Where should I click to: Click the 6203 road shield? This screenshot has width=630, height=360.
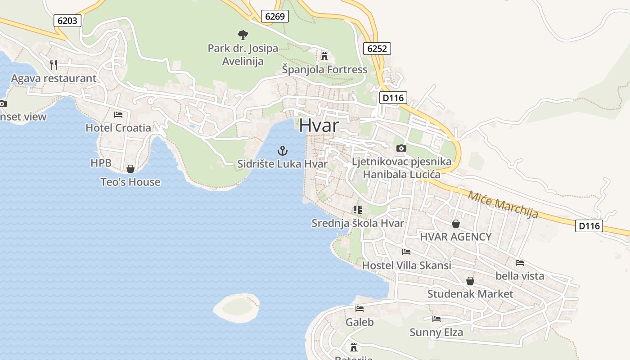coord(67,20)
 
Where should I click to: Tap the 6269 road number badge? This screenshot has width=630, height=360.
coord(275,17)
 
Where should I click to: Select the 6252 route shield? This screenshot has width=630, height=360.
coord(377,49)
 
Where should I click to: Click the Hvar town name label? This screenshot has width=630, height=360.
coord(319,126)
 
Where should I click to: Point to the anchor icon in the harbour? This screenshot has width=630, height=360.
coord(283,151)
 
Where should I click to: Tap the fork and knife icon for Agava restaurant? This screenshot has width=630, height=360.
coord(54,65)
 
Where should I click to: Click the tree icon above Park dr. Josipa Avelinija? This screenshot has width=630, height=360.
coord(243,35)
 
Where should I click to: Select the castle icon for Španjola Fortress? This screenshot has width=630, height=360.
coord(324,56)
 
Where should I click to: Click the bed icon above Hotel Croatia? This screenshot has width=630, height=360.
coord(118,115)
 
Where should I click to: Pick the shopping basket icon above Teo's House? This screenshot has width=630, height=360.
coord(130,169)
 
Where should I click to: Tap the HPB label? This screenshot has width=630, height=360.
coord(101,163)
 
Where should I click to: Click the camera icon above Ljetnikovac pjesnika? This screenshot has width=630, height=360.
coord(401,148)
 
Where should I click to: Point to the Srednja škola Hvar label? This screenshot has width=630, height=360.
coord(358,223)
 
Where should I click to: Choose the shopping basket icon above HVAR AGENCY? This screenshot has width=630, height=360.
coord(456,224)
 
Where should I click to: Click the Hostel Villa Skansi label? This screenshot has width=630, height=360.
coord(406,265)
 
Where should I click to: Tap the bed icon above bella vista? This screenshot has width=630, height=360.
coord(520,262)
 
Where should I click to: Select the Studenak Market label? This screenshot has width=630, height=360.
coord(470,294)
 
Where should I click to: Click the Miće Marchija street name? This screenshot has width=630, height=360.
coord(503,205)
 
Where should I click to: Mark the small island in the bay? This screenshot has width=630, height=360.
coord(237,307)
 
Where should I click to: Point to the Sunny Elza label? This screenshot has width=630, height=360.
coord(436,333)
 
